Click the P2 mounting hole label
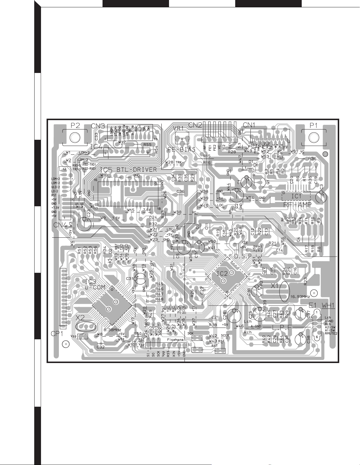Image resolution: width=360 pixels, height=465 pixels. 75,125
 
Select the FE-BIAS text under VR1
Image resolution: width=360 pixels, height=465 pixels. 182,149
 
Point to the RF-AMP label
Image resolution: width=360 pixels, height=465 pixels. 297,205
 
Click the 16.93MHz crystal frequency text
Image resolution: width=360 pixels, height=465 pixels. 300,297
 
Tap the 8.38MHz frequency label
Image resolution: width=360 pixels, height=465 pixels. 112,329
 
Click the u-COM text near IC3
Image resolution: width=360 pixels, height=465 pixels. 95,287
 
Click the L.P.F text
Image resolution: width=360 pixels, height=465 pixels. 283,326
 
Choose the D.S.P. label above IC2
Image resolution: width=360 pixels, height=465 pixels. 243,256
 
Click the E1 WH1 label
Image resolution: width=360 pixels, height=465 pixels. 321,305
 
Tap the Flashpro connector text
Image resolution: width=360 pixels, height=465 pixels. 175,340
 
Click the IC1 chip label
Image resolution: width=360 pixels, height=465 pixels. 296,196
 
